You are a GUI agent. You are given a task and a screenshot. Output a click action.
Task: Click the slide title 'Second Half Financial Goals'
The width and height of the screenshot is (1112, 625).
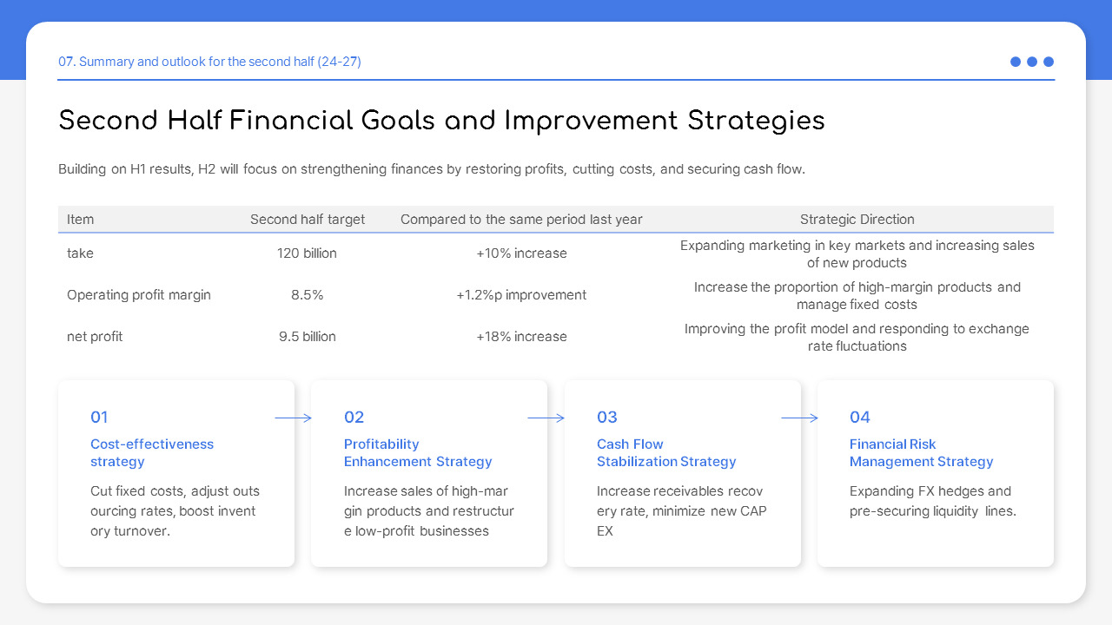pos(440,121)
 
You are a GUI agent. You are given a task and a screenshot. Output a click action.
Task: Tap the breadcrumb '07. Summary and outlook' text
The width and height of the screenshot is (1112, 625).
pos(209,62)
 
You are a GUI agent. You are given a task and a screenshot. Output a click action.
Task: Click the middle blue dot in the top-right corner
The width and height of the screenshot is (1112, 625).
pos(1032,62)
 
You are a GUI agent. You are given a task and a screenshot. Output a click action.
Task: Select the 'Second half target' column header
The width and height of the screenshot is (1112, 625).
pos(308,220)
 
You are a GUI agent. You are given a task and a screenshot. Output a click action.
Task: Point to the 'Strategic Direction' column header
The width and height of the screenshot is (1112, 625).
pos(857,220)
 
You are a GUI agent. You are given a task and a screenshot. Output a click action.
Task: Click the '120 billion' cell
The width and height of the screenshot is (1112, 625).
pos(308,253)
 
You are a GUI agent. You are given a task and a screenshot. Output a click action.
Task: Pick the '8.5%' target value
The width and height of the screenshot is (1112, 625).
pos(308,295)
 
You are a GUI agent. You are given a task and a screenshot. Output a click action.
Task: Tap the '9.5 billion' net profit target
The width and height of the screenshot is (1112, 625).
pos(308,337)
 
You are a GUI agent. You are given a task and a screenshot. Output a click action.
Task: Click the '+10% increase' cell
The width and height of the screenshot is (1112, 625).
pos(521,253)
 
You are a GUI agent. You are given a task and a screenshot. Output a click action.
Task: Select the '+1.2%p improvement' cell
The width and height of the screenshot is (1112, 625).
pos(521,295)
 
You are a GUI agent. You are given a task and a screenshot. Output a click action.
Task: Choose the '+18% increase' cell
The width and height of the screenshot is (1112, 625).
pos(521,337)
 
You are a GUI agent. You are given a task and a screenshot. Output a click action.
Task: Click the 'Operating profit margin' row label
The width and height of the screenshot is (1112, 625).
pos(139,295)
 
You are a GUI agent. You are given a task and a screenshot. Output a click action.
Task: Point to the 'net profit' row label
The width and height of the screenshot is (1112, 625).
pos(95,337)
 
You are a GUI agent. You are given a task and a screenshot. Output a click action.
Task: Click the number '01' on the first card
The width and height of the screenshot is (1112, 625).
pos(99,418)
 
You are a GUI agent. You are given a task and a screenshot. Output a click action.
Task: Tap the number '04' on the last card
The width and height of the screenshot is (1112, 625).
pos(859,418)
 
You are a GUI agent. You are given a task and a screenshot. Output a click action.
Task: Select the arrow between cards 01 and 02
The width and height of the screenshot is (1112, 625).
pos(294,418)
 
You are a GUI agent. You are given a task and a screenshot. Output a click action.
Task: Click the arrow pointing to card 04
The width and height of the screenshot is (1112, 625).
pos(799,418)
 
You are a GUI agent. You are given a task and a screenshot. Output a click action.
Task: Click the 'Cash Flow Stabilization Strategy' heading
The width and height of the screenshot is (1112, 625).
pos(665,453)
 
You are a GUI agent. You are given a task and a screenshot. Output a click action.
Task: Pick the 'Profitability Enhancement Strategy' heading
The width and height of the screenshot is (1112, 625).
pos(417,453)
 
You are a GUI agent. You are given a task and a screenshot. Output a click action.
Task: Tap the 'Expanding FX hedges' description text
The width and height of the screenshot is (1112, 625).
pos(932,502)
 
